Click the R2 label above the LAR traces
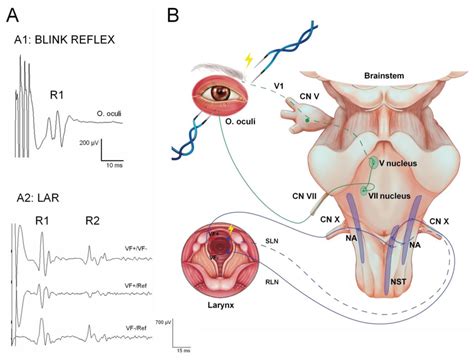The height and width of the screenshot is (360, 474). click(x=92, y=220)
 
